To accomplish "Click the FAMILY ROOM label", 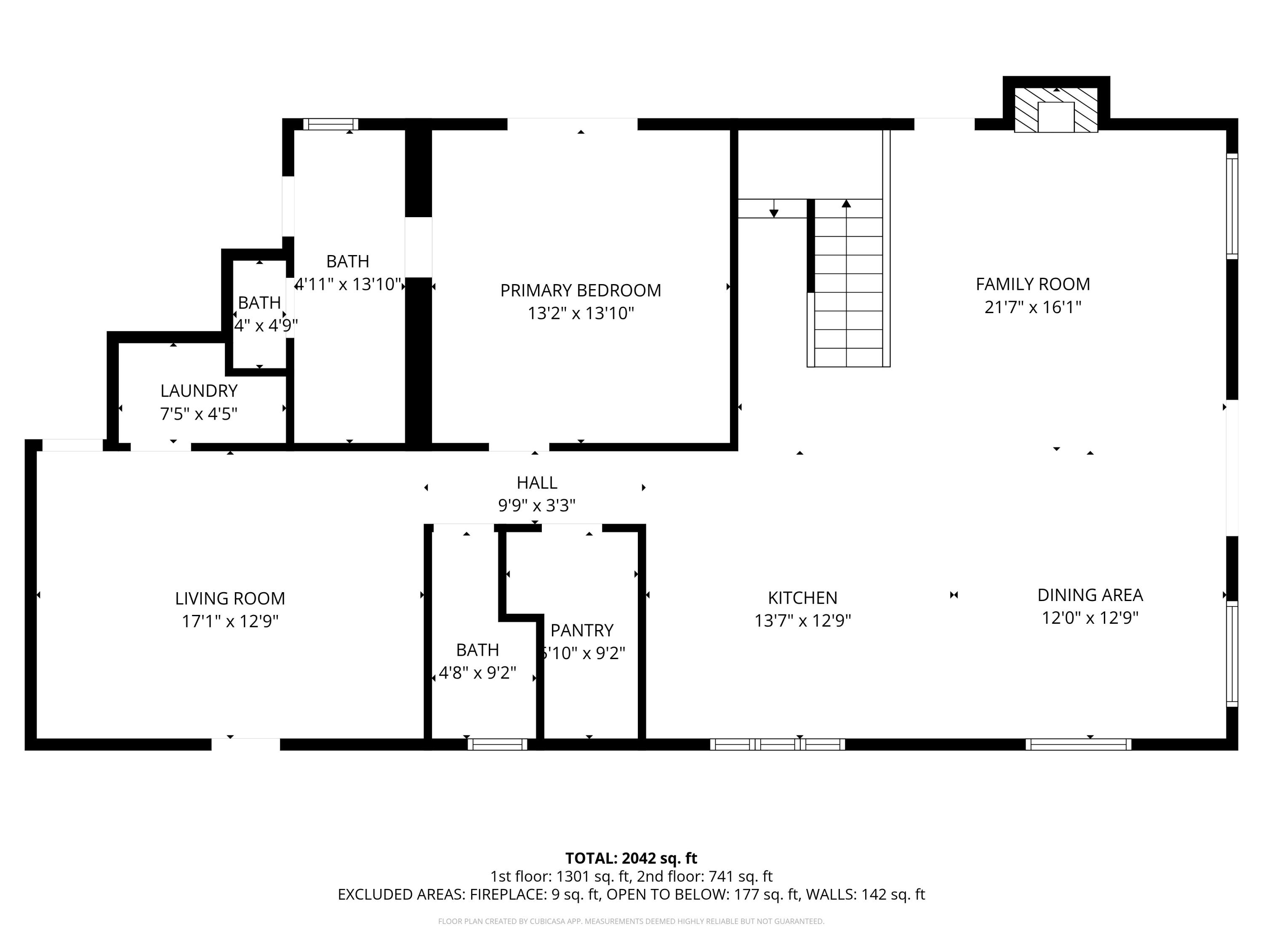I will tap(1032, 284).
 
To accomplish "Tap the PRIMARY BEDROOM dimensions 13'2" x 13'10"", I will tap(581, 314).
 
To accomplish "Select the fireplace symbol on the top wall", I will tap(1056, 111).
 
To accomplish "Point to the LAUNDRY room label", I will tap(199, 391).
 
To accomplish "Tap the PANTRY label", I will tap(582, 630).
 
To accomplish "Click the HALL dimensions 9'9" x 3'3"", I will tap(536, 506).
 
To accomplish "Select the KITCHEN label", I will tap(802, 598).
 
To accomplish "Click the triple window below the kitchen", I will tap(777, 745).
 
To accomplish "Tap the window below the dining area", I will tap(1078, 745).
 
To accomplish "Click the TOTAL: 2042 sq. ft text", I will tap(631, 859).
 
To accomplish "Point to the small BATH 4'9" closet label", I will tap(259, 303).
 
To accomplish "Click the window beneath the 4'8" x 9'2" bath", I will tap(497, 745).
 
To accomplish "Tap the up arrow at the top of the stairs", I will tap(846, 204).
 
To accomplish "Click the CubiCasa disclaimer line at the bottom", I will tap(631, 921).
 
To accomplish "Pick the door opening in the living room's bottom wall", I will tap(245, 745).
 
